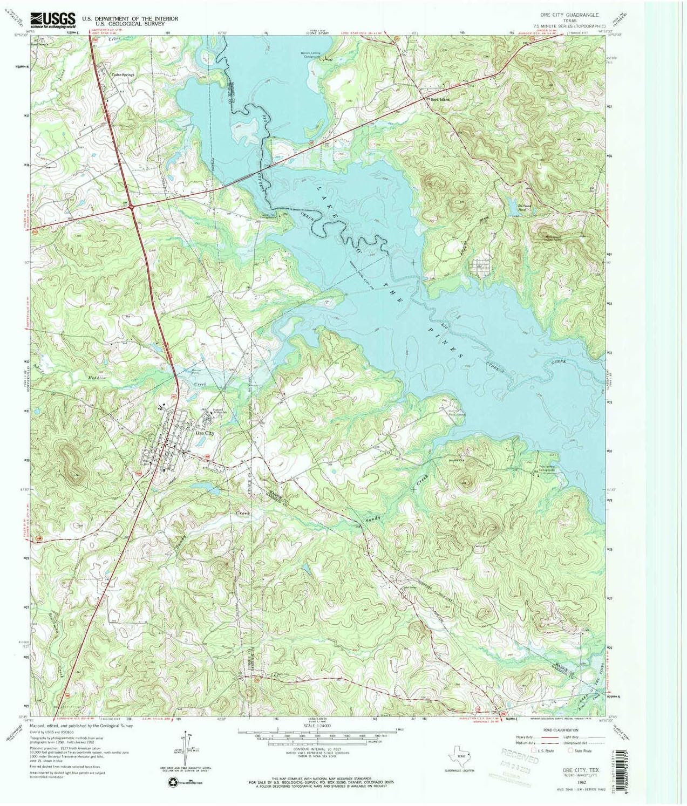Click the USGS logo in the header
coord(53,20)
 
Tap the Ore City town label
coord(205,433)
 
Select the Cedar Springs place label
coord(123,75)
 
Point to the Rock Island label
coord(440,100)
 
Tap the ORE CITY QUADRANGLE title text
coord(565,15)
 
